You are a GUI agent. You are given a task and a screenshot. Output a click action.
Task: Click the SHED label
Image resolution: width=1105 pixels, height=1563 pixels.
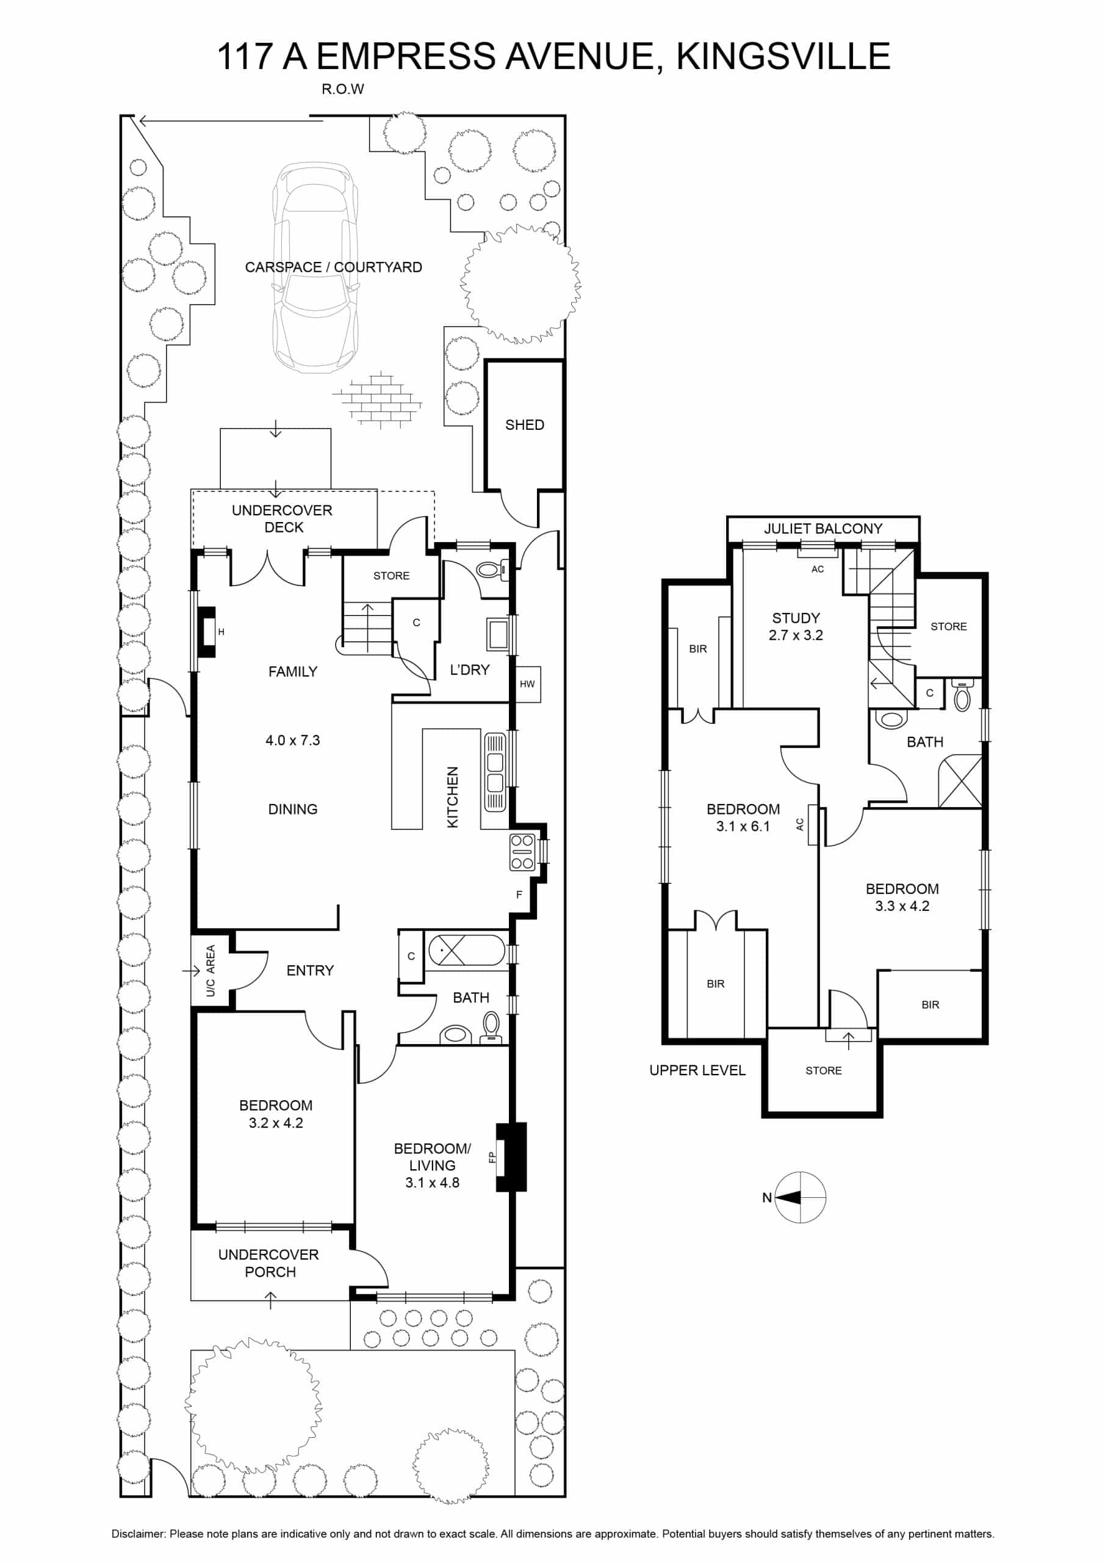[x=524, y=425]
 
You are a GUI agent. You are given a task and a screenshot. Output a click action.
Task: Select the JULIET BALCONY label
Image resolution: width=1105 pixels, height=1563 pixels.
[x=822, y=528]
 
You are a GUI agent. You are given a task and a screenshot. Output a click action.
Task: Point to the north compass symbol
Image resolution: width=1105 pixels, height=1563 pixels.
[x=800, y=1197]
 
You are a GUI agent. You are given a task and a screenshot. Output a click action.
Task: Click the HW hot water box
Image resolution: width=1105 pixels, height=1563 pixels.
[x=527, y=684]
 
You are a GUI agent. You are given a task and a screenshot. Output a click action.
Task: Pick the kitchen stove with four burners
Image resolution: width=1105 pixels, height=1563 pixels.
[x=522, y=852]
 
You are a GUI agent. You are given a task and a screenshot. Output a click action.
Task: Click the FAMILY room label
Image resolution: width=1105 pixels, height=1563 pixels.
[x=293, y=671]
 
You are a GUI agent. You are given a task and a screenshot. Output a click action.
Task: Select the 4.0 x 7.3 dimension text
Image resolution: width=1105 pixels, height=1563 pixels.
[x=293, y=740]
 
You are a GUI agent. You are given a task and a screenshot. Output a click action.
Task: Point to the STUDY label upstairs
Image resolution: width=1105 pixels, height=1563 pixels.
[x=796, y=618]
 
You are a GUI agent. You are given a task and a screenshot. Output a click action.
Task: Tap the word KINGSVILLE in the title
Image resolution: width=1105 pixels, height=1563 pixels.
[x=783, y=56]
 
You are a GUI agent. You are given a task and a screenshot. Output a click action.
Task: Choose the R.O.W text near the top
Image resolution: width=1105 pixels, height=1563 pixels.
[x=343, y=89]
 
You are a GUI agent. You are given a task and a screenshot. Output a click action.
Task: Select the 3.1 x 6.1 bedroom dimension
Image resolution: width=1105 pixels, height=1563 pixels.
[x=743, y=827]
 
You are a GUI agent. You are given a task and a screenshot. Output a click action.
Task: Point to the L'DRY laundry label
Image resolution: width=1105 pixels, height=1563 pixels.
[x=469, y=670]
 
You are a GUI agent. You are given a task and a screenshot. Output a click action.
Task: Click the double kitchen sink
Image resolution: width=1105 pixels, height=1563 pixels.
[x=495, y=772]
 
